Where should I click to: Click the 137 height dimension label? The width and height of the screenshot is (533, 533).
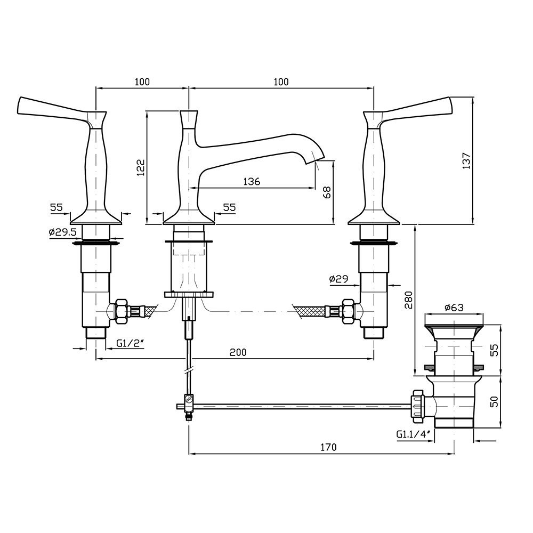click(466, 161)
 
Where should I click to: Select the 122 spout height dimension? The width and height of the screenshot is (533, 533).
click(141, 167)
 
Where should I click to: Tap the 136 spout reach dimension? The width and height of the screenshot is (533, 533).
click(252, 182)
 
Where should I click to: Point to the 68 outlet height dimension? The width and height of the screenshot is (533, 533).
click(327, 192)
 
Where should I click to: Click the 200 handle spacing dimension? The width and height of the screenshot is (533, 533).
click(238, 352)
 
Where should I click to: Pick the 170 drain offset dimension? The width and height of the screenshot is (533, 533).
click(328, 447)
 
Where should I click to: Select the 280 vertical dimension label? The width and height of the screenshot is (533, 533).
click(409, 300)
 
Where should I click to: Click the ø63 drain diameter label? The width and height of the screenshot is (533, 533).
click(454, 308)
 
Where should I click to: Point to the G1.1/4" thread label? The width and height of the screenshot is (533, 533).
click(414, 434)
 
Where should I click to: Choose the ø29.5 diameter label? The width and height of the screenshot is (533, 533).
click(62, 232)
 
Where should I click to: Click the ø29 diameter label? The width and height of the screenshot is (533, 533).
click(338, 279)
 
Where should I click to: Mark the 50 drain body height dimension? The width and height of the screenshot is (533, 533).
click(495, 401)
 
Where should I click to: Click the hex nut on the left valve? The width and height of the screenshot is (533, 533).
click(122, 311)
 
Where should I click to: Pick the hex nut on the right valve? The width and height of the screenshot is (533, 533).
click(348, 311)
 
